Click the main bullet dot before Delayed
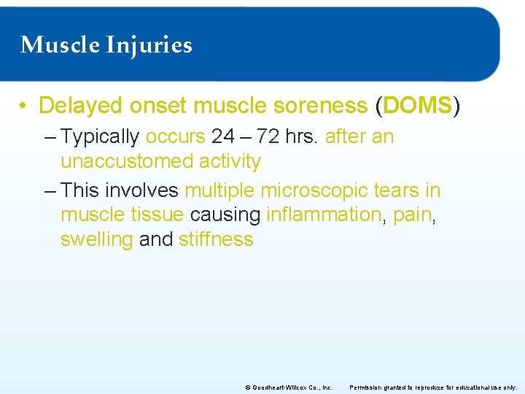(24, 107)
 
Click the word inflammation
(323, 215)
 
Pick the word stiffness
(216, 239)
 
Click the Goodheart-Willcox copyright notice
(289, 387)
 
